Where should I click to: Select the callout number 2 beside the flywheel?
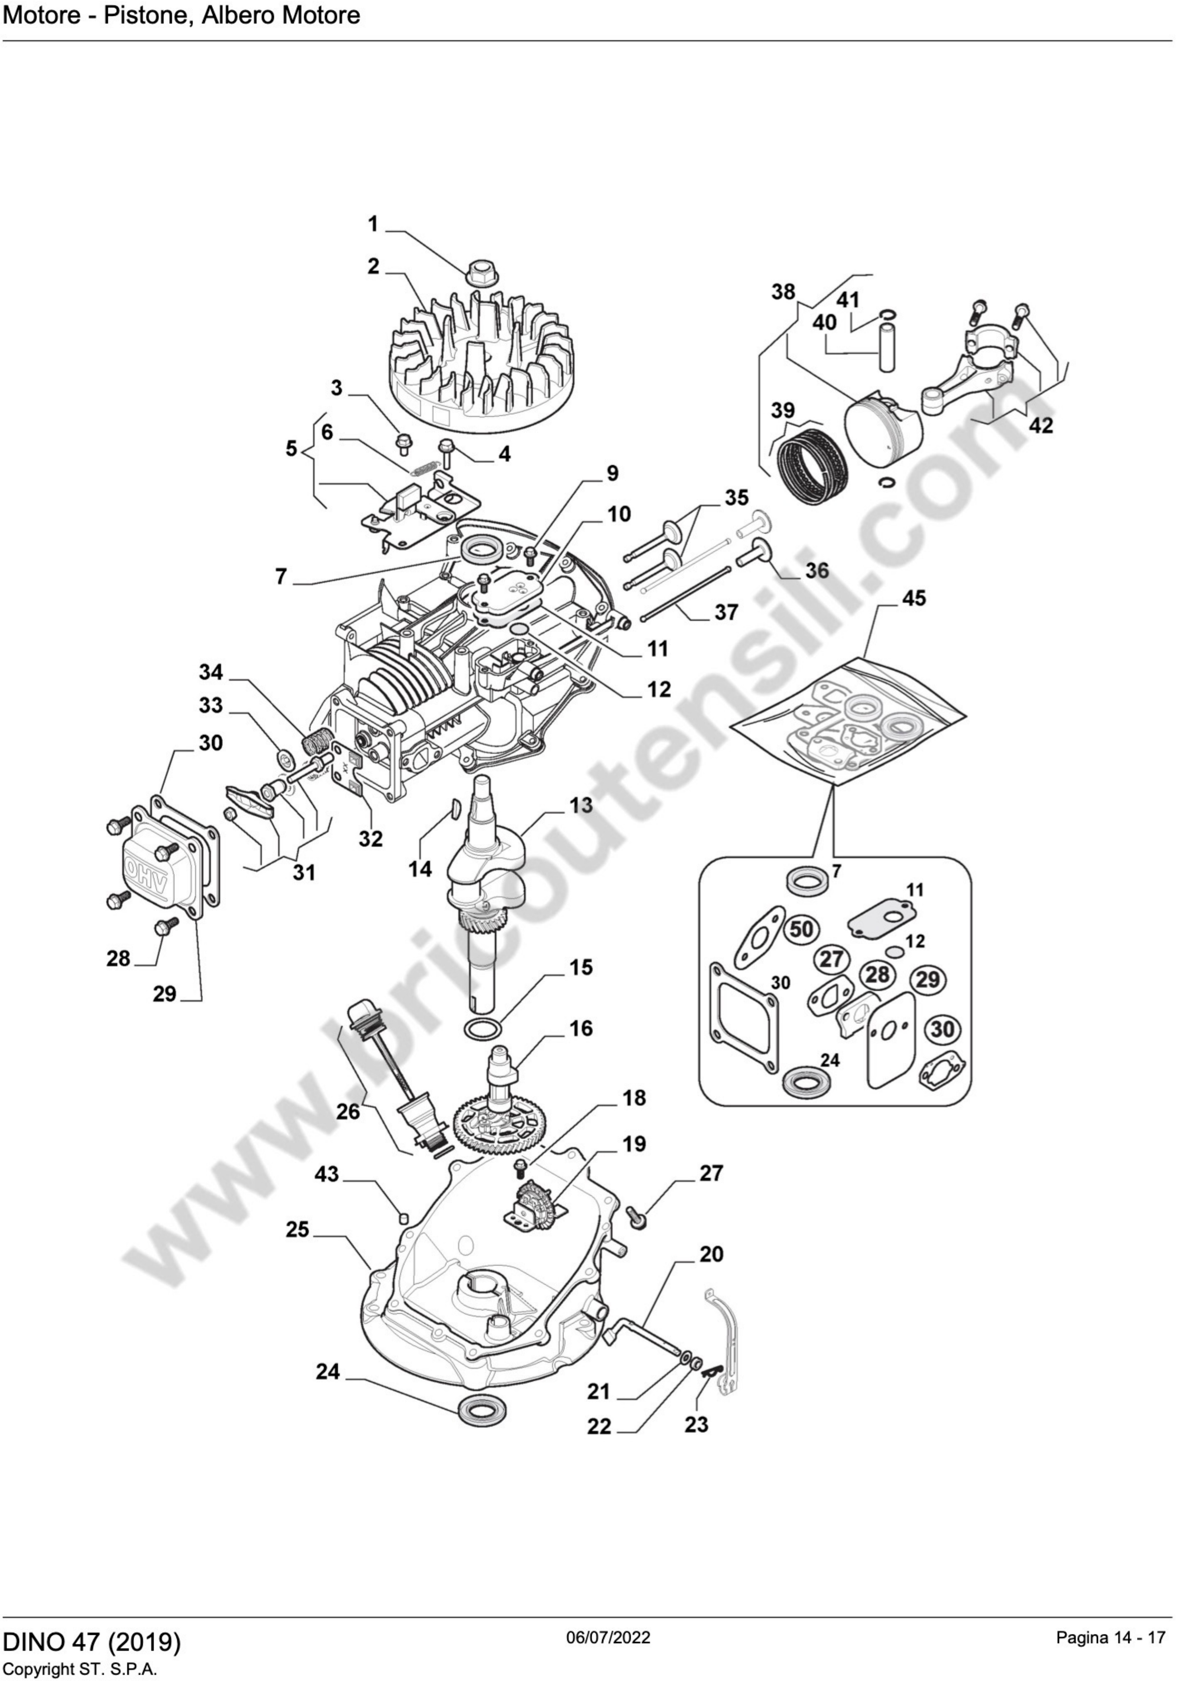[373, 267]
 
